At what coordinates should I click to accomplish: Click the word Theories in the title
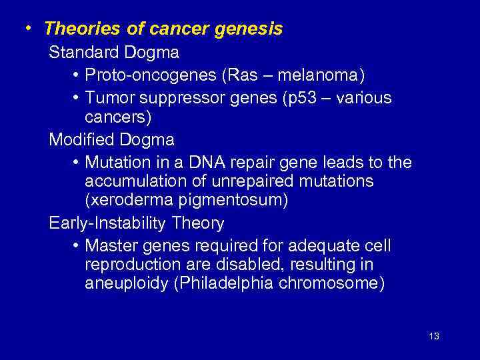[x=79, y=29]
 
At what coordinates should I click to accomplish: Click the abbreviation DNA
[x=207, y=163]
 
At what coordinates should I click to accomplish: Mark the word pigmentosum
[x=233, y=199]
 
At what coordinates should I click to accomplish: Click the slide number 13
[x=434, y=336]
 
